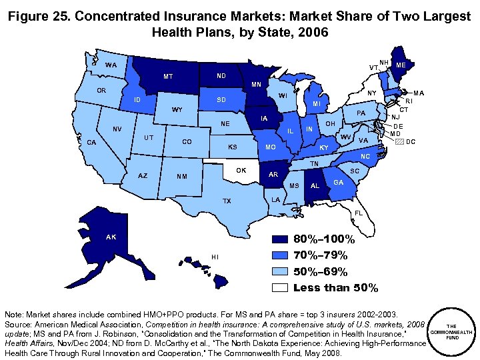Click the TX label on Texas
(x=227, y=201)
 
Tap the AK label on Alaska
(x=111, y=236)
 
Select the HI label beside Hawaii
(x=215, y=257)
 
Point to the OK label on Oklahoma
(x=241, y=171)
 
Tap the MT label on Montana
(x=169, y=77)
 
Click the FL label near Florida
(x=359, y=213)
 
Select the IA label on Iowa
(x=265, y=119)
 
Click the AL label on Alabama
(x=315, y=185)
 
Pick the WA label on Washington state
(x=111, y=65)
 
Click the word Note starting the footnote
(x=15, y=313)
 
